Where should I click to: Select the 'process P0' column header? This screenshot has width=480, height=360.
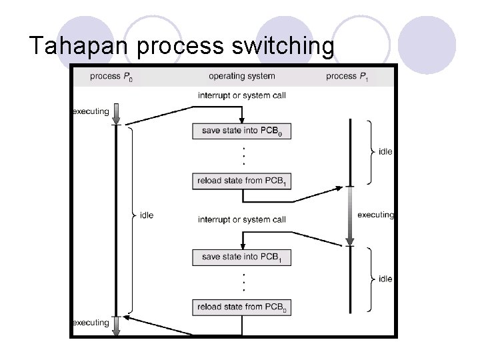[x=111, y=76]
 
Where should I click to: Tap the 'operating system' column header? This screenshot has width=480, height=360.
[x=241, y=76]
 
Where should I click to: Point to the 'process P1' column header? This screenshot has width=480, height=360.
[x=347, y=76]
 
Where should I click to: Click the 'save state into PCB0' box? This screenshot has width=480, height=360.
[x=242, y=131]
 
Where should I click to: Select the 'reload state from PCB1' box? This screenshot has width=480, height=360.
[x=242, y=181]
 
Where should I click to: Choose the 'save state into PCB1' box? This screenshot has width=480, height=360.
[x=242, y=257]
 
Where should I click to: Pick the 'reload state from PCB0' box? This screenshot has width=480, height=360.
[x=242, y=307]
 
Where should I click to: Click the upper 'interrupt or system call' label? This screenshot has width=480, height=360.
[x=241, y=95]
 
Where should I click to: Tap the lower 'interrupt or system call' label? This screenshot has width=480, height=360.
[x=241, y=219]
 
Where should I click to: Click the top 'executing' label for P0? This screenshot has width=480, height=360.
[x=91, y=111]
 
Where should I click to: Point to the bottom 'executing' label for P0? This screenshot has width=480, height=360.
[x=91, y=323]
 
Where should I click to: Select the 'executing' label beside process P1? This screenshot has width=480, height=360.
[x=375, y=215]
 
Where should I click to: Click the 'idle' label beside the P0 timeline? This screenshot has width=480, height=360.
[x=147, y=215]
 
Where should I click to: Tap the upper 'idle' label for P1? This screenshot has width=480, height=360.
[x=385, y=152]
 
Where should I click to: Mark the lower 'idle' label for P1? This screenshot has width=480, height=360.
[x=385, y=279]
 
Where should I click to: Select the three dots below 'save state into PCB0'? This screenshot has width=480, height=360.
[x=244, y=155]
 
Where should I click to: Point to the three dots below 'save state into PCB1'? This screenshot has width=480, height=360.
[x=244, y=281]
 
